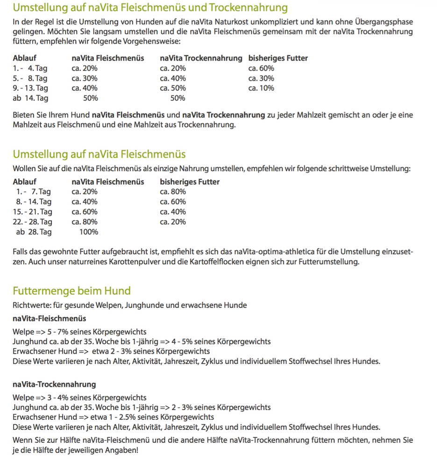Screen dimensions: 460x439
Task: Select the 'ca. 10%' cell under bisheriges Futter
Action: pos(261,88)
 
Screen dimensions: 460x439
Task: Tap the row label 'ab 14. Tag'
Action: pos(30,98)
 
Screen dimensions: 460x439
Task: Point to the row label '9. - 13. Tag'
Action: pos(30,88)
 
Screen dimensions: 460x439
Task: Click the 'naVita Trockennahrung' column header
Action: pos(201,58)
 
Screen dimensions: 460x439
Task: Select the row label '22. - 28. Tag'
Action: pos(33,222)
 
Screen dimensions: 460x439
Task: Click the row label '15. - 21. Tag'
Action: pos(33,212)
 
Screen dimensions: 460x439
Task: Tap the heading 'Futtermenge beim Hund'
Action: pos(71,291)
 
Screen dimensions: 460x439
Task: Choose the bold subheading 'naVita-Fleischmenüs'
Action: pos(50,319)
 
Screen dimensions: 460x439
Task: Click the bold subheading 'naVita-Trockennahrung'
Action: pos(54,384)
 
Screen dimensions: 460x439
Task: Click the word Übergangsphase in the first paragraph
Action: pos(387,22)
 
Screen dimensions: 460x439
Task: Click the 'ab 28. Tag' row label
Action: pos(34,232)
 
